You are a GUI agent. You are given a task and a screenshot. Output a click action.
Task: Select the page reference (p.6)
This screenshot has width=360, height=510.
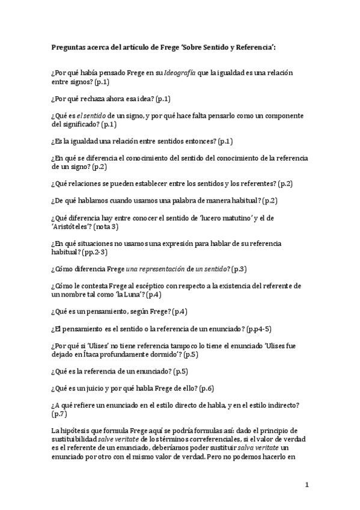[x=207, y=389]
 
